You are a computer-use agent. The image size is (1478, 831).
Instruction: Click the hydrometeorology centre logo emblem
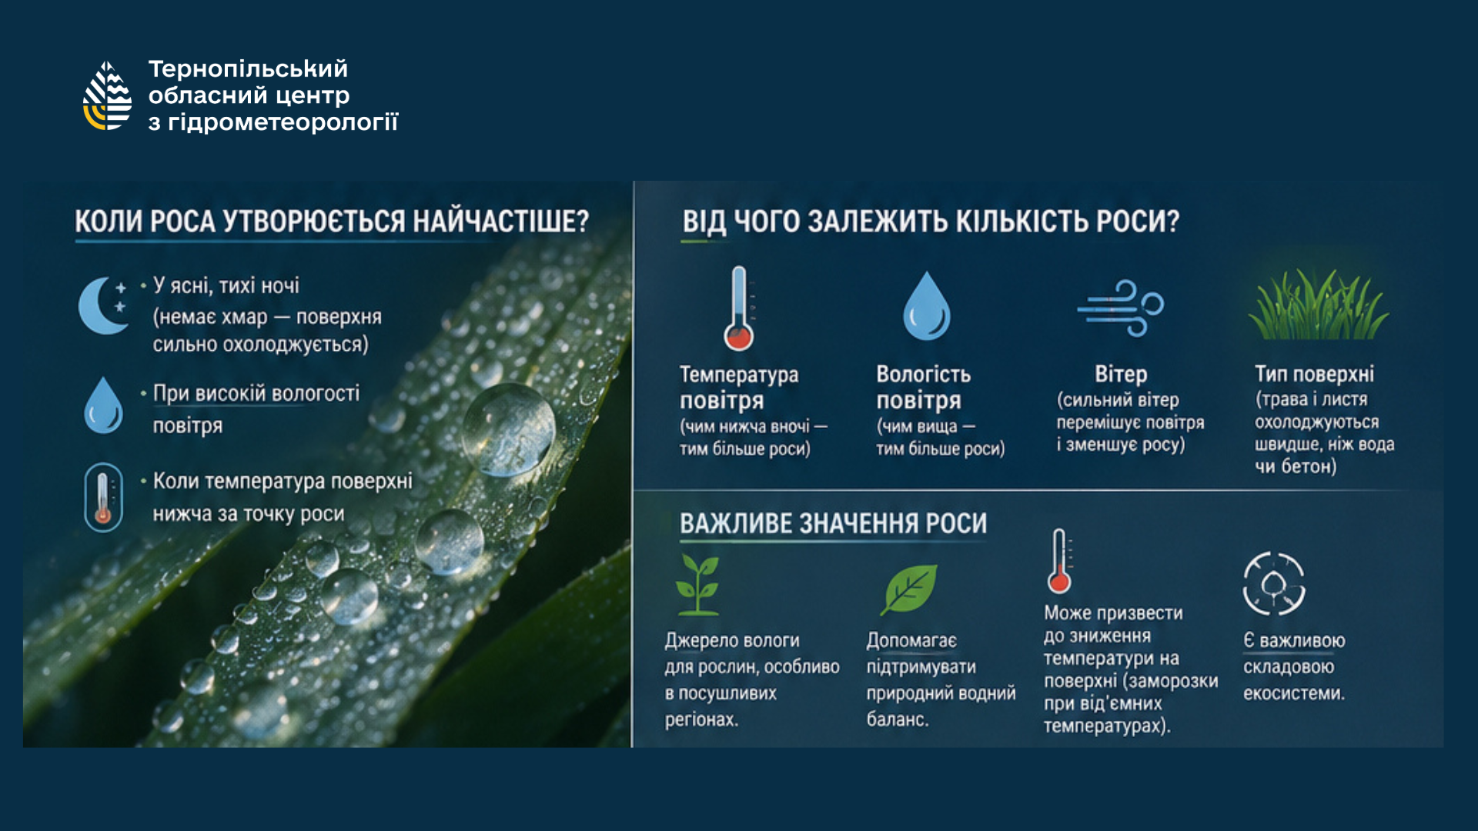click(x=108, y=95)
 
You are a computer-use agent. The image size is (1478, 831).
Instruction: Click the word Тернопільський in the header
click(x=248, y=69)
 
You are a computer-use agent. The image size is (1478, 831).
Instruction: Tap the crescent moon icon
click(x=103, y=305)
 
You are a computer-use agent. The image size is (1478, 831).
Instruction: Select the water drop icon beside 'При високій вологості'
click(x=103, y=405)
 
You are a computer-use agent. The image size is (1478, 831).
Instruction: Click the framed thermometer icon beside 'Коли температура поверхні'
click(x=103, y=498)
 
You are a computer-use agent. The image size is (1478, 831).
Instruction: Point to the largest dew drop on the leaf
click(x=509, y=429)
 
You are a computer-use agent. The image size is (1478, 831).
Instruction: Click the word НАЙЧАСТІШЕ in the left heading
click(x=501, y=222)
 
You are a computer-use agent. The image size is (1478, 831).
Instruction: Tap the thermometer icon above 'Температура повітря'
click(x=739, y=309)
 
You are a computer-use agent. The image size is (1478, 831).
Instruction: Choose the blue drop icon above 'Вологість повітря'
click(x=927, y=305)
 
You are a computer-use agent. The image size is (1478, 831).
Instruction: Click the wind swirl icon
click(x=1121, y=308)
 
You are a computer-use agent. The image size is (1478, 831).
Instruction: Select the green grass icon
click(x=1318, y=305)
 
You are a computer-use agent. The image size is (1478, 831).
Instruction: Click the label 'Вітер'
click(x=1121, y=375)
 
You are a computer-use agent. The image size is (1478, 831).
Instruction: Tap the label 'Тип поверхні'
click(x=1314, y=375)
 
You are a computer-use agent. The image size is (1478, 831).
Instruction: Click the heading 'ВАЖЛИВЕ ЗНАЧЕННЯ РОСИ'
click(x=833, y=524)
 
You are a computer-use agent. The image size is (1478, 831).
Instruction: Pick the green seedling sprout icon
click(x=697, y=585)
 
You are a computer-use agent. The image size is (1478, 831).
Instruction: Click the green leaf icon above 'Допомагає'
click(x=909, y=589)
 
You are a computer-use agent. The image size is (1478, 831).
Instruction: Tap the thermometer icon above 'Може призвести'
click(x=1059, y=561)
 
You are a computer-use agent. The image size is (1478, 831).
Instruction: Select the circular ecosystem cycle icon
click(x=1273, y=583)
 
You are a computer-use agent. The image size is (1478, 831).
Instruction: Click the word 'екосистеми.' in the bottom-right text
click(x=1294, y=693)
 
